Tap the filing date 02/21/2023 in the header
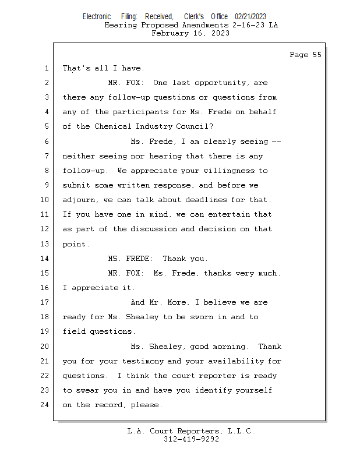click(250, 17)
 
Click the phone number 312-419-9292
click(191, 439)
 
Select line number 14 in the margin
click(46, 259)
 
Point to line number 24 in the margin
click(46, 405)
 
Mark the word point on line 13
click(76, 244)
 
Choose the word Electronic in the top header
click(97, 17)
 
